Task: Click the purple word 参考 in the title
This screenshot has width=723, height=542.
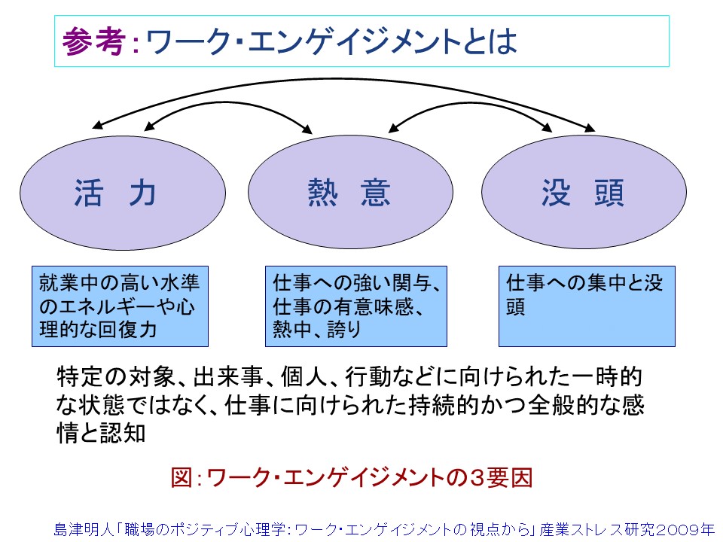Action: tap(93, 41)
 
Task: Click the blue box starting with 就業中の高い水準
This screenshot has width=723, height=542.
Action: tap(120, 306)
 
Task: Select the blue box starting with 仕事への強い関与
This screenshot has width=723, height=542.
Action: tap(355, 306)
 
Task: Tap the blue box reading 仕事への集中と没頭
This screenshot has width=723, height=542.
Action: tap(587, 306)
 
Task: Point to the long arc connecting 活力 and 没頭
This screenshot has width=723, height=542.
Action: tap(343, 80)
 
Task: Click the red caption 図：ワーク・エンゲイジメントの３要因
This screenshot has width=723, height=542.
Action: tap(352, 477)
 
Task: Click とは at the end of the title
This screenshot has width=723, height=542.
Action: tap(495, 42)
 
